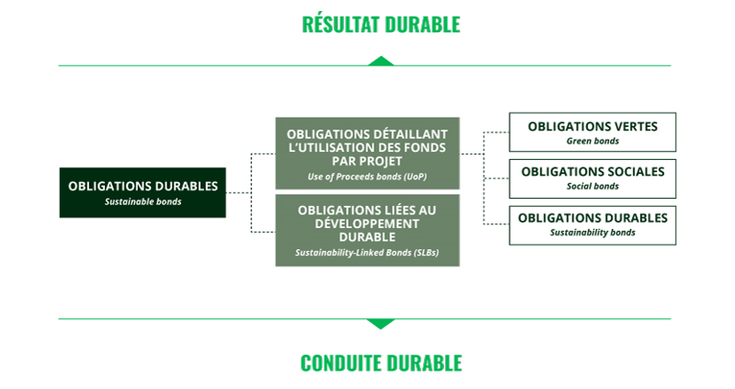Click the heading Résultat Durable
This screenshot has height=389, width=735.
pos(380,25)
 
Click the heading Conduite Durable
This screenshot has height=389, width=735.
pos(380,362)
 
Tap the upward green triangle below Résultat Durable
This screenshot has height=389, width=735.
pos(380,62)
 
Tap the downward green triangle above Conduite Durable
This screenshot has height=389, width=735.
pos(380,323)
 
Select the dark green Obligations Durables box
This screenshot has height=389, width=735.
pos(143,192)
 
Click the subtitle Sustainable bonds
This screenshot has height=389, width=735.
pos(143,201)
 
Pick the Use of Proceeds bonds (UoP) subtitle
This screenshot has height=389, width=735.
pos(367,176)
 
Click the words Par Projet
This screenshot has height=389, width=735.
pos(367,161)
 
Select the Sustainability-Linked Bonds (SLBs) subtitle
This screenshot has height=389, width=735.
pos(367,252)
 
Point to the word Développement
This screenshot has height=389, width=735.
pos(367,223)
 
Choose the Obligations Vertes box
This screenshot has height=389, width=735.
pos(592,132)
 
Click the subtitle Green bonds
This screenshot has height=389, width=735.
pos(592,141)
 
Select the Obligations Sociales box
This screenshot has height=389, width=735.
pos(592,177)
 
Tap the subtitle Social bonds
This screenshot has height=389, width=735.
pos(592,187)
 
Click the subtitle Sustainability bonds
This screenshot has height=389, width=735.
pos(592,233)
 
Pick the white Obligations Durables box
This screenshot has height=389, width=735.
pos(592,225)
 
